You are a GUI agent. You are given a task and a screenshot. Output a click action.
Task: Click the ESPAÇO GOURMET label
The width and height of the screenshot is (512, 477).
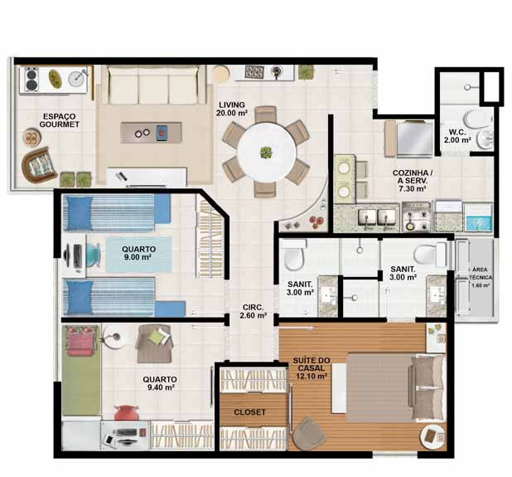coord(59,120)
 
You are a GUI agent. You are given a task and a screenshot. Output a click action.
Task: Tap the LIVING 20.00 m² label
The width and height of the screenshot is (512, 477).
coord(231,109)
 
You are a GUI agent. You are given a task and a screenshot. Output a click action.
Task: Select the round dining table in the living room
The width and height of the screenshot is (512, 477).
coord(267,152)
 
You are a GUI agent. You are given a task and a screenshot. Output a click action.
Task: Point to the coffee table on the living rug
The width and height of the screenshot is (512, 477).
coord(151,133)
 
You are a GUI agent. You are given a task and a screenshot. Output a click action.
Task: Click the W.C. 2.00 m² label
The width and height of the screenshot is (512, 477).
coord(456,136)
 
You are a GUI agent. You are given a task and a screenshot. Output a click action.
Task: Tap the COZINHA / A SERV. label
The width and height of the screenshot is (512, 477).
coord(413,181)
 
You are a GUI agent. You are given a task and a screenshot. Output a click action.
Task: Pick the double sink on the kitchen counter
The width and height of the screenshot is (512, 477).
coord(377,217)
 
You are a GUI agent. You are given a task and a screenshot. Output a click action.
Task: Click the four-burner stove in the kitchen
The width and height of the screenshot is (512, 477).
coord(417,217)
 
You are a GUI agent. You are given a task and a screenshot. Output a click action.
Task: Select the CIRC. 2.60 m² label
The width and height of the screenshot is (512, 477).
coord(253,312)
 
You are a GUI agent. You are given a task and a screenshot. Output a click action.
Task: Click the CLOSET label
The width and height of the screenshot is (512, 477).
coord(250,412)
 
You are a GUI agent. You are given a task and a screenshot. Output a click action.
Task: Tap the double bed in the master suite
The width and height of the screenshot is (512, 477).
coord(395,387)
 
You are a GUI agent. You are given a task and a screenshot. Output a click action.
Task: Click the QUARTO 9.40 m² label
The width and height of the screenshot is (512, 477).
coord(160,383)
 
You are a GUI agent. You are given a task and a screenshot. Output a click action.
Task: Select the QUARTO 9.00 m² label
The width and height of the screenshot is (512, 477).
coord(139,253)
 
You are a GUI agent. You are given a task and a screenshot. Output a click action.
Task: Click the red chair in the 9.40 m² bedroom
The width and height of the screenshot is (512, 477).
coord(127,412)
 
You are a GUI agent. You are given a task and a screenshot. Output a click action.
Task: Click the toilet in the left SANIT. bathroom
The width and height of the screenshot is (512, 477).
coord(294,256)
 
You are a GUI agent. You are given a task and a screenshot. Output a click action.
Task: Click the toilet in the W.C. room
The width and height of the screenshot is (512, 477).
coord(477,119)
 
